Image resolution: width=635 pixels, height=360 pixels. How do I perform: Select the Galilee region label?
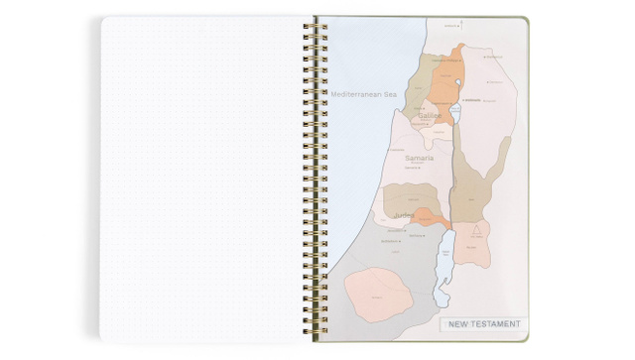coord(430,116)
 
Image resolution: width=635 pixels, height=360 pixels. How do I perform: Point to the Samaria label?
coord(420,158)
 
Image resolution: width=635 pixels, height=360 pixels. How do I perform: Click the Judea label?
coord(403,215)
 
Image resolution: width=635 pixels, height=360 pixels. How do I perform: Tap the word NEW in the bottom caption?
coord(459,323)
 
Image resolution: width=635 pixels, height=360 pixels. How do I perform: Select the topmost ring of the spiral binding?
coord(319,25)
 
